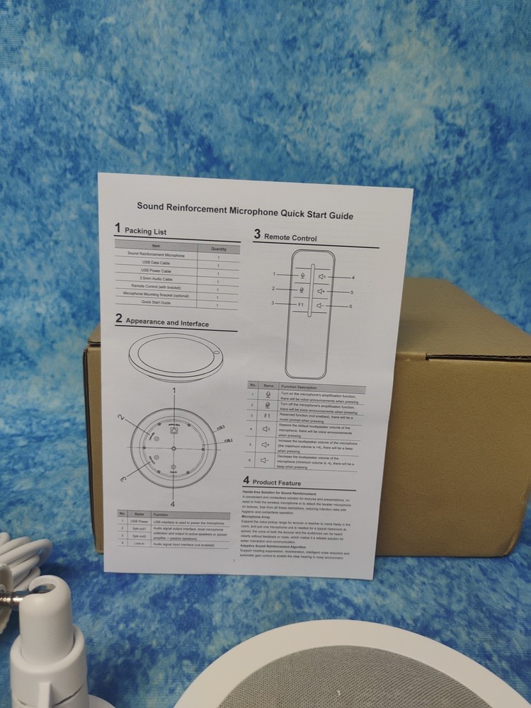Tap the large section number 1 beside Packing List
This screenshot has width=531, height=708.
tap(118, 228)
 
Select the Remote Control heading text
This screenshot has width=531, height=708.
tap(290, 239)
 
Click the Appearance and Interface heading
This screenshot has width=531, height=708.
tap(167, 323)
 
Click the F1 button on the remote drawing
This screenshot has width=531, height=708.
tap(300, 304)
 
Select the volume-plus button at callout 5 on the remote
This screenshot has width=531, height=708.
tap(321, 291)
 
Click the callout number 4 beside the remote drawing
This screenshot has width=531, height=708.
tap(353, 278)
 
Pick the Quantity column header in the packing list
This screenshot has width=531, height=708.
tap(218, 249)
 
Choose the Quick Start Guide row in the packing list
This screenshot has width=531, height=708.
tap(156, 302)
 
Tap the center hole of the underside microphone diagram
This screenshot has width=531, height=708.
tap(173, 449)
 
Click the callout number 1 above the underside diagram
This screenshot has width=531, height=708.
tap(174, 391)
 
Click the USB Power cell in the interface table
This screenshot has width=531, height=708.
tap(139, 522)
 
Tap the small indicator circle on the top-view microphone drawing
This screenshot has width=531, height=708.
tap(217, 355)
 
